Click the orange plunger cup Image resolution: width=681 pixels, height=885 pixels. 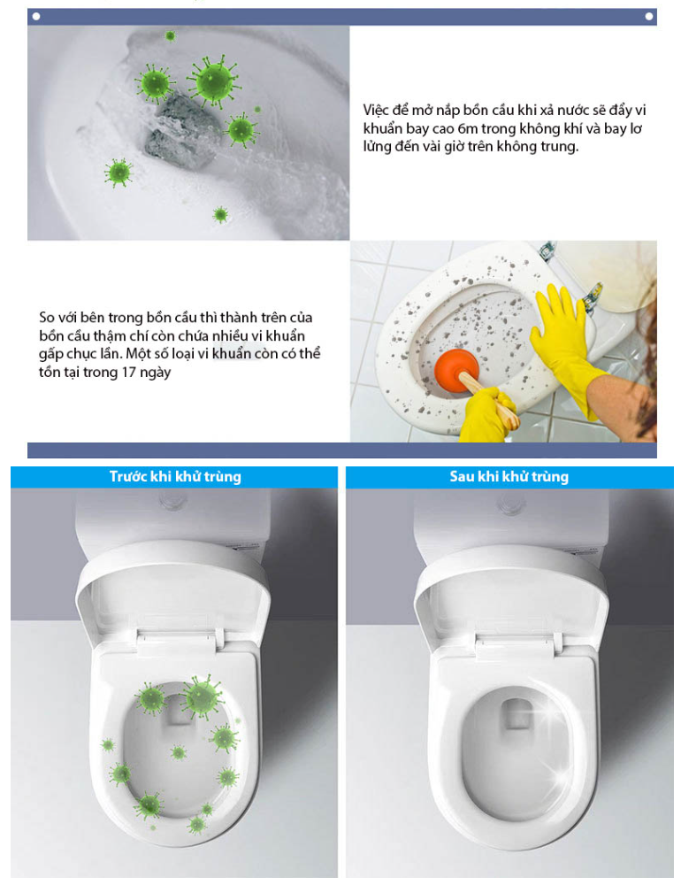(456, 368)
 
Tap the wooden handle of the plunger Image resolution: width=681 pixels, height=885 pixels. (490, 397)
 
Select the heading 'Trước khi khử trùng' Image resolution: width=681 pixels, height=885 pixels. (175, 477)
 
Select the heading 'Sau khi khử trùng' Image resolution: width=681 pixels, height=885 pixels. (509, 477)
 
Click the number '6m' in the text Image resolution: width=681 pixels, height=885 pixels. (468, 128)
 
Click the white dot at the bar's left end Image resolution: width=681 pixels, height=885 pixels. (36, 16)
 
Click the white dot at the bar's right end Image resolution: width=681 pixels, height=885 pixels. (649, 16)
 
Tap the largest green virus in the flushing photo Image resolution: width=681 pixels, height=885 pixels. (213, 81)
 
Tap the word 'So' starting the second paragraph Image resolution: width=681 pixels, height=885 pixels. (48, 317)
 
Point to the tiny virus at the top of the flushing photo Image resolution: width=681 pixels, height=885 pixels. (170, 36)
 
